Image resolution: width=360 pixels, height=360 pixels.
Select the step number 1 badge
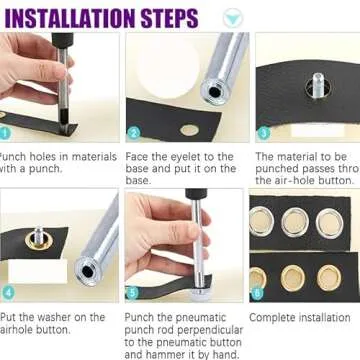point(4,131)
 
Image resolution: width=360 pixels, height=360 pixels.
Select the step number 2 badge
point(133,132)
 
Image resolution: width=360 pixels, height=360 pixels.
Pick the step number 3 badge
point(263,132)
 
